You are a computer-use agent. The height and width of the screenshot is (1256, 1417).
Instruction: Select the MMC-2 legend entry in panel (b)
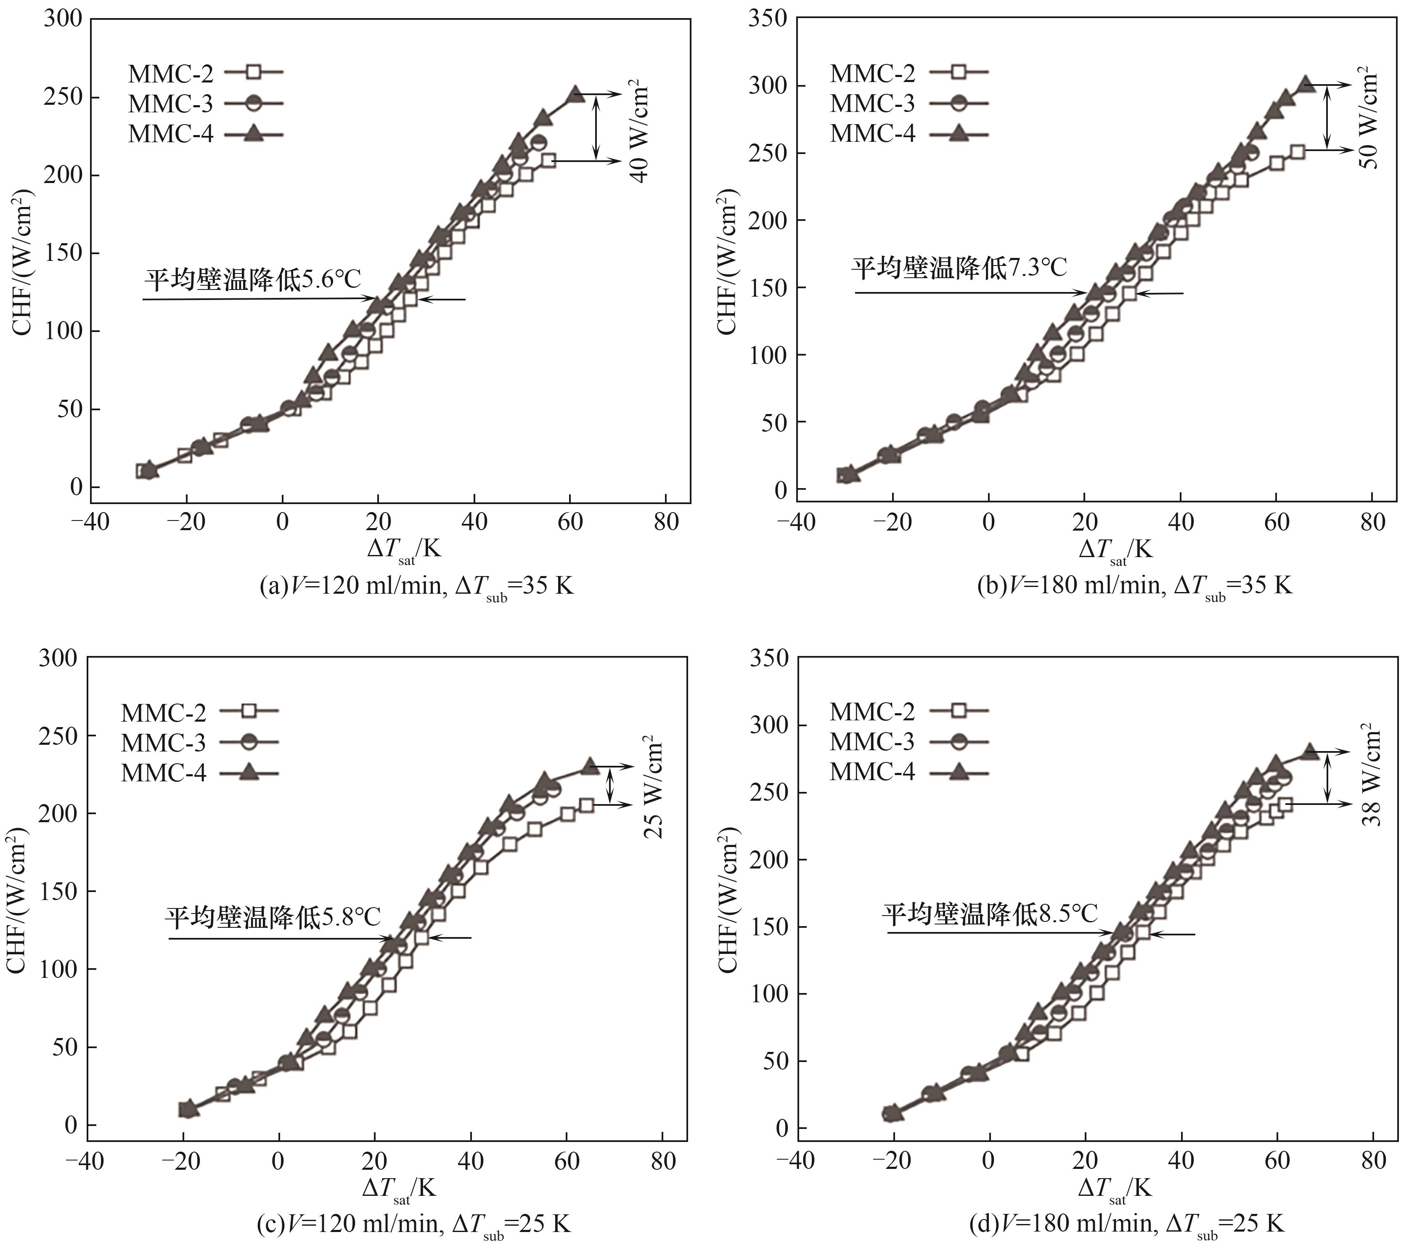pos(908,72)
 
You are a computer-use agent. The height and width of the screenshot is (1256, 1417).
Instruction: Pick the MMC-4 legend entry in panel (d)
pos(908,772)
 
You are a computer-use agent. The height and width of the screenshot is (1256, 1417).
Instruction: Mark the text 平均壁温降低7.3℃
pos(959,267)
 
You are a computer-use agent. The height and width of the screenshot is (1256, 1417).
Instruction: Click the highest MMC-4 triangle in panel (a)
pos(575,94)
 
